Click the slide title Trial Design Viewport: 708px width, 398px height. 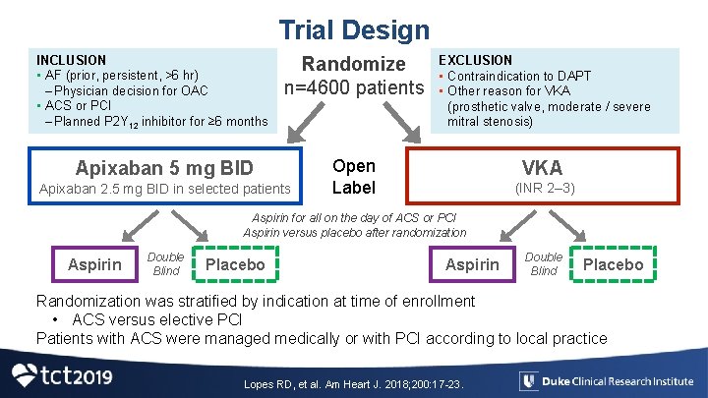tap(354, 30)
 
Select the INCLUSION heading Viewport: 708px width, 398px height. tap(71, 60)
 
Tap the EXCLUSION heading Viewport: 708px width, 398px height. tap(475, 60)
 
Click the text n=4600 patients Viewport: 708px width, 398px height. tap(353, 88)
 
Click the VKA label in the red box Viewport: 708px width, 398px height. tap(542, 166)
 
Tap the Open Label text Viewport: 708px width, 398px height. tap(353, 177)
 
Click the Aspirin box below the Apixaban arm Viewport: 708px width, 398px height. tap(94, 264)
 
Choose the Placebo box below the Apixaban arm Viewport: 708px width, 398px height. tap(236, 264)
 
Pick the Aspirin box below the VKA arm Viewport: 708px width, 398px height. tap(472, 264)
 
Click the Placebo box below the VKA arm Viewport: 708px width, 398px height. tap(614, 264)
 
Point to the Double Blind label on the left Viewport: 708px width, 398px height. tap(165, 263)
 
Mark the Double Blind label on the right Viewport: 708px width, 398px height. tap(544, 263)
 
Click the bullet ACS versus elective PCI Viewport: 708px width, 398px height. tap(149, 319)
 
